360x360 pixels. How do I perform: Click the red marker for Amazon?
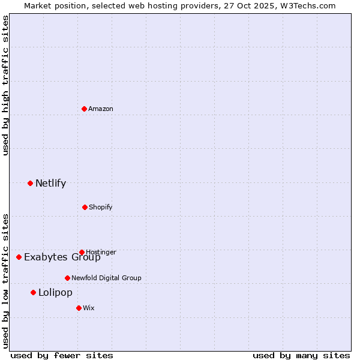point(84,109)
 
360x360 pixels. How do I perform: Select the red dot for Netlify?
point(30,183)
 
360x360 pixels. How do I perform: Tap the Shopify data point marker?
point(85,207)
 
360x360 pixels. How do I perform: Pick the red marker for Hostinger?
point(82,252)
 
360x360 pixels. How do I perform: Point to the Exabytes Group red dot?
point(19,257)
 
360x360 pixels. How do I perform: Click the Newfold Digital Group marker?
point(67,278)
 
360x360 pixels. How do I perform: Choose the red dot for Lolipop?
point(33,292)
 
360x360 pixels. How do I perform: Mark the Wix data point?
point(79,308)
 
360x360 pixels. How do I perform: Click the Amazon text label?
point(101,109)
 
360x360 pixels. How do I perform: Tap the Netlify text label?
point(50,183)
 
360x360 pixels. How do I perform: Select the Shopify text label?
point(101,207)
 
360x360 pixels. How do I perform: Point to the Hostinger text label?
point(101,252)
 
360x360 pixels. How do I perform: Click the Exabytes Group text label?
point(62,257)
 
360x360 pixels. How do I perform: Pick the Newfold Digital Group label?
point(106,278)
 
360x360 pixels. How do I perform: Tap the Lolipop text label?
point(55,293)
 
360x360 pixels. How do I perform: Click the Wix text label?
point(89,308)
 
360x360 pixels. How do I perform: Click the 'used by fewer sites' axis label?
point(62,355)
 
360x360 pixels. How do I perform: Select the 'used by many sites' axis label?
point(301,355)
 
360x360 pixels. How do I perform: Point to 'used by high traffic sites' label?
point(5,85)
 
